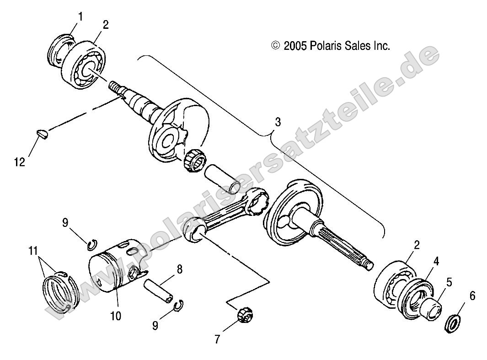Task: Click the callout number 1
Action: coord(80,17)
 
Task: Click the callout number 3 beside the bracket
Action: coord(278,122)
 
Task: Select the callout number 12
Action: coord(19,162)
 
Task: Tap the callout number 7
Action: coord(217,339)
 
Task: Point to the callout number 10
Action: coord(116,316)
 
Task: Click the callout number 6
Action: coord(472,296)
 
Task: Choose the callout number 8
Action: coord(179,269)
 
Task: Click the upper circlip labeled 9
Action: coord(92,245)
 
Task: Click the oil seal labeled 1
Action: coord(59,51)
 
